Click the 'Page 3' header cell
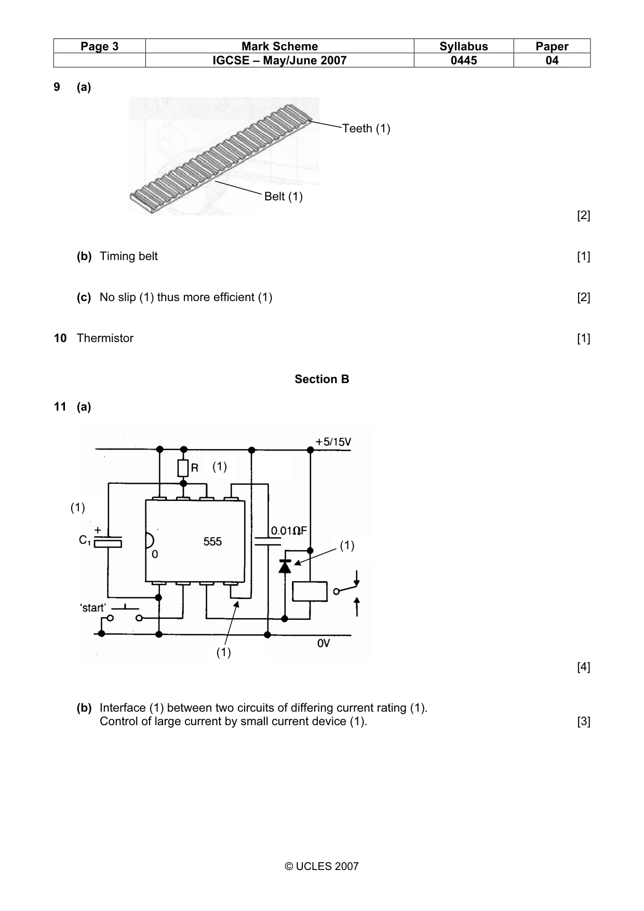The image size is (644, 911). pyautogui.click(x=99, y=46)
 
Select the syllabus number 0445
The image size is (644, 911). pyautogui.click(x=464, y=60)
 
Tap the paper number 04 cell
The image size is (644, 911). pyautogui.click(x=552, y=60)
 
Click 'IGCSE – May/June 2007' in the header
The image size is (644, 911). pyautogui.click(x=279, y=60)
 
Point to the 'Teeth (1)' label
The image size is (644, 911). pyautogui.click(x=366, y=128)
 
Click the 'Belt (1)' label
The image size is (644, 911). pyautogui.click(x=283, y=196)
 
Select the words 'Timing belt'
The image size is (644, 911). pyautogui.click(x=128, y=256)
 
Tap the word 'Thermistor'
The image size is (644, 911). pyautogui.click(x=105, y=338)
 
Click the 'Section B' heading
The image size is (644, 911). pyautogui.click(x=322, y=379)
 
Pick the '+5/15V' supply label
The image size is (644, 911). pyautogui.click(x=333, y=442)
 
